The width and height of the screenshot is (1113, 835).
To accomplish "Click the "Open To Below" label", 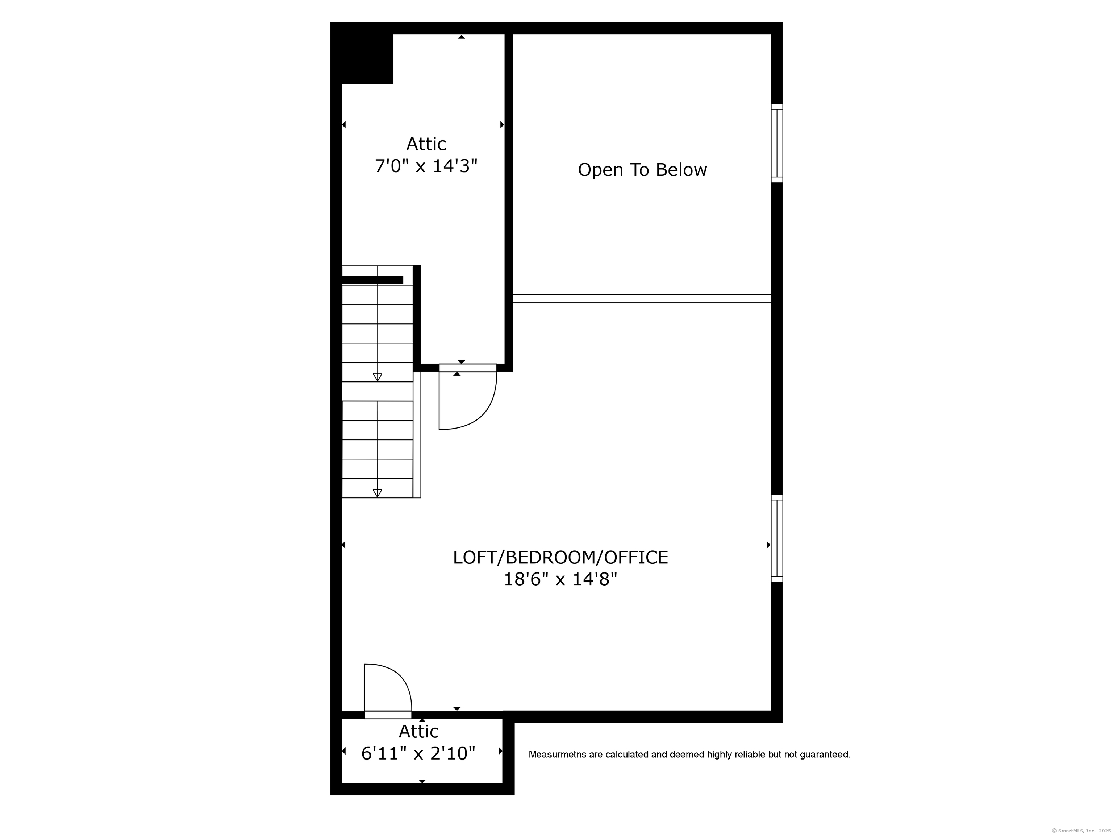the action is (642, 170).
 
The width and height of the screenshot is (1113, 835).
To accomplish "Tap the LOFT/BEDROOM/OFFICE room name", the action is (560, 558).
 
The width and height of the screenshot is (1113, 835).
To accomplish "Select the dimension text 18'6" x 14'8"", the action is (560, 579).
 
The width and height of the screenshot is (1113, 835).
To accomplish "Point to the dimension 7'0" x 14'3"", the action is (426, 166).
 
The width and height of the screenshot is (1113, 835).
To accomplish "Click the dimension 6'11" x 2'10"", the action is (418, 753).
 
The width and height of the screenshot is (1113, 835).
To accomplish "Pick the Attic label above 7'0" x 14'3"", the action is (426, 144).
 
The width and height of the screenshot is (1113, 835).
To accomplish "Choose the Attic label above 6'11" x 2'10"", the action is (418, 731).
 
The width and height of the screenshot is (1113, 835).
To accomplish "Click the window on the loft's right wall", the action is (777, 539).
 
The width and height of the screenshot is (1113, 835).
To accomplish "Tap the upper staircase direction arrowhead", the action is (378, 377).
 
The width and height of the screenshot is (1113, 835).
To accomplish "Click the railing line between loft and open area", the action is (642, 299).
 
